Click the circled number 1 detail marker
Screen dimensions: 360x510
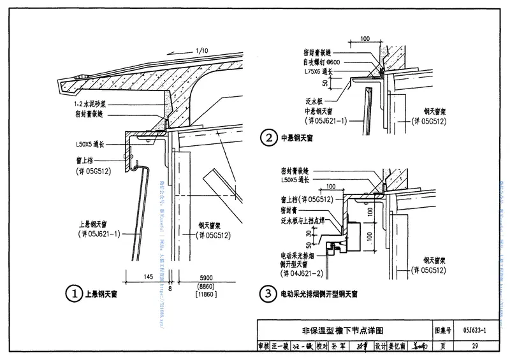pos(75,294)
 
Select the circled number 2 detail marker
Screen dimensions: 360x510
pos(269,137)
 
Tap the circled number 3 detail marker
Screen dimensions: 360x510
pos(269,294)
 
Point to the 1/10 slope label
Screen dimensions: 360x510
pos(203,51)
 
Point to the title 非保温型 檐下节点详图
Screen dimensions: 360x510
pos(343,331)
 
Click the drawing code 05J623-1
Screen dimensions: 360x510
pos(471,331)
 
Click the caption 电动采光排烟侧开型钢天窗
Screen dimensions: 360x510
pos(319,294)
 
